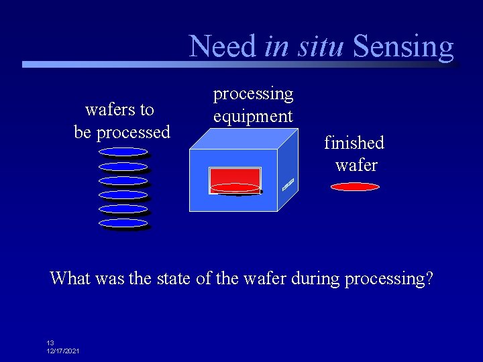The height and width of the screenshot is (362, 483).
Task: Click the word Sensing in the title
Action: [403, 47]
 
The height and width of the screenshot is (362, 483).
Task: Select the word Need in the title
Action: [223, 47]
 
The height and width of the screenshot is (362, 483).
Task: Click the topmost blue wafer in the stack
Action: [123, 152]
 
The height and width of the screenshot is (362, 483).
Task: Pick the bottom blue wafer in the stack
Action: [123, 223]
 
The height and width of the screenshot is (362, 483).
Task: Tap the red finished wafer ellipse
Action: [355, 187]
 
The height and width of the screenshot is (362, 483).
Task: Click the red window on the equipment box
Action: [234, 178]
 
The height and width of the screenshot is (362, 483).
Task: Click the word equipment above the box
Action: [253, 116]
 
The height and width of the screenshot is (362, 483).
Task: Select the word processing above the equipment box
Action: [253, 94]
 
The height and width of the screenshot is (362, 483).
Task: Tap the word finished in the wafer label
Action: [354, 143]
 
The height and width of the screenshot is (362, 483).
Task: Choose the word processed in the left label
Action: [133, 132]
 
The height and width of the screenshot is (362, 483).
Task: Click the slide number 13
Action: [50, 343]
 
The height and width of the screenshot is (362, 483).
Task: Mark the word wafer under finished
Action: [356, 165]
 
